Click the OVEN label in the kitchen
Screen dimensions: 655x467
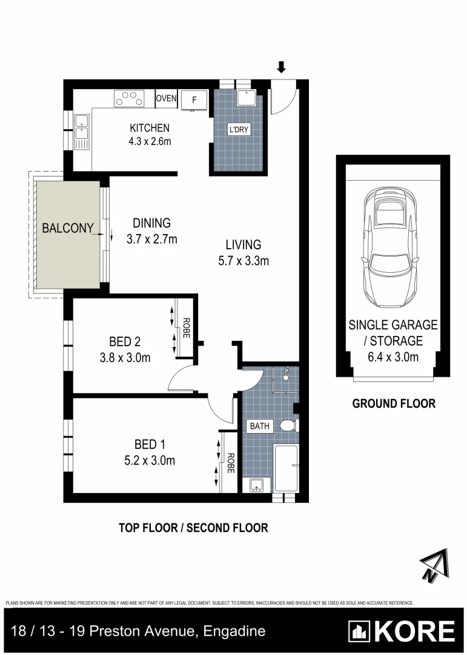tap(166, 98)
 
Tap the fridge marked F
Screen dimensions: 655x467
tap(194, 100)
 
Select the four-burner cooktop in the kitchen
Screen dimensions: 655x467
tap(130, 98)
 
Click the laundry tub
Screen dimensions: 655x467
tap(248, 98)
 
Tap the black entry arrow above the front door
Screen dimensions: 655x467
tap(280, 67)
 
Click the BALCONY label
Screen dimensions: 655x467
tap(67, 229)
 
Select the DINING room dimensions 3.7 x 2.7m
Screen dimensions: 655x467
tap(151, 239)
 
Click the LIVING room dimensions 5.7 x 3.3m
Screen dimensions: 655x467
tap(243, 261)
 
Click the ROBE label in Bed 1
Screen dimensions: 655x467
tap(231, 464)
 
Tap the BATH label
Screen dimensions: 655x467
tap(260, 426)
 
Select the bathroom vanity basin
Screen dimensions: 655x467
tap(256, 484)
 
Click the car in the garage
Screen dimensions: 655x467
tap(392, 248)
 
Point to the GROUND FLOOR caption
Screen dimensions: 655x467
tap(394, 403)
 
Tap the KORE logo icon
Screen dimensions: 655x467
tap(360, 631)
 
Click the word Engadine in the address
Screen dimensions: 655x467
tap(235, 631)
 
